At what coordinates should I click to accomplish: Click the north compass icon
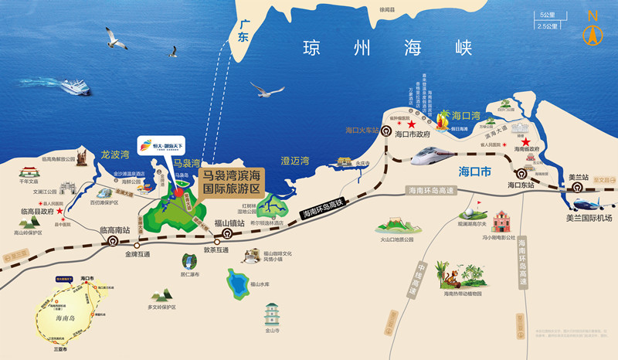593,30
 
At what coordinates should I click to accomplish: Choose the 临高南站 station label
117,229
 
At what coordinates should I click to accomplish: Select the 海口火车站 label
363,131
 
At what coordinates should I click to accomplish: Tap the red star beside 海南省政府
526,142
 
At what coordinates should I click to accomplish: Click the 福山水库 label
260,284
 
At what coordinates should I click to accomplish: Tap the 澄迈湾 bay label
294,160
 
